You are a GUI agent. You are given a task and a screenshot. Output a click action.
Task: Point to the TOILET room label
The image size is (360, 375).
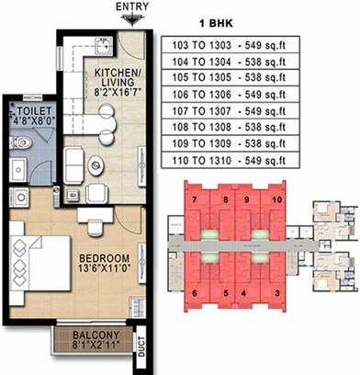(x=25, y=112)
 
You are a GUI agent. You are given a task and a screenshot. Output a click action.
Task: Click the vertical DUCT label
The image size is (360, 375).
(x=141, y=342)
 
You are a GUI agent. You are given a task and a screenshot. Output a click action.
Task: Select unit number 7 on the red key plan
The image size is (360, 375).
(x=196, y=199)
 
